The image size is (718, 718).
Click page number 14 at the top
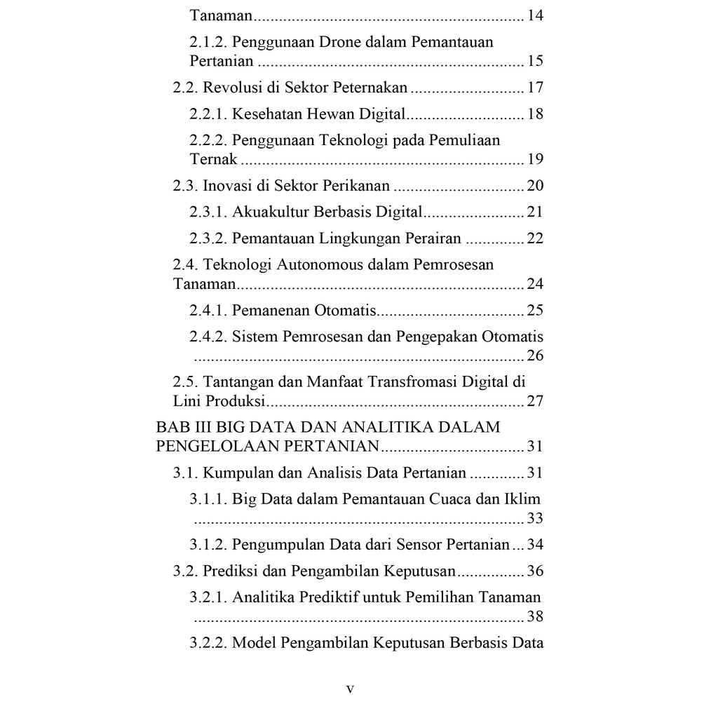535,15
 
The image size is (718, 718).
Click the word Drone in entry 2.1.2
343,42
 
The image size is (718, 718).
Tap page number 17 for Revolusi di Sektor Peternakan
535,88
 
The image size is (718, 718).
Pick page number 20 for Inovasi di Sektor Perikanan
535,186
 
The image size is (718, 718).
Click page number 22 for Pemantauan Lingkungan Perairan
535,238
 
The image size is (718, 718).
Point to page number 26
535,355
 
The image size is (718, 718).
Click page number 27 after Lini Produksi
535,402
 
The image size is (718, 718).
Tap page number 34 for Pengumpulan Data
535,544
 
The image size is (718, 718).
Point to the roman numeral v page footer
350,689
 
